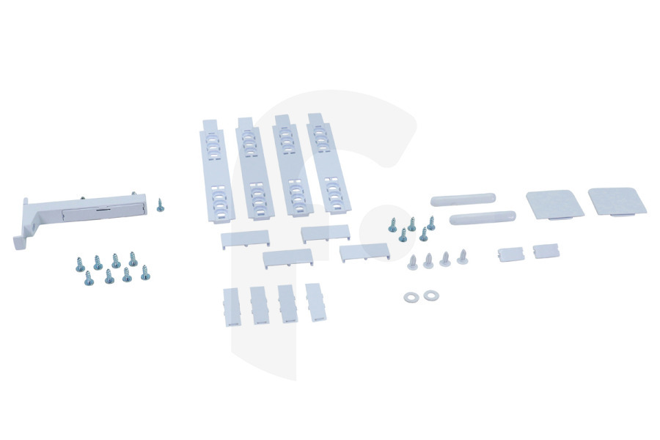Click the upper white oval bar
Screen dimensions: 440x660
[x=463, y=199]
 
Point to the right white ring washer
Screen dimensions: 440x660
[x=430, y=295]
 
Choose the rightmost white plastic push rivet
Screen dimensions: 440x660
[x=462, y=257]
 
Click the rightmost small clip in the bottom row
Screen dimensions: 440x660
[x=315, y=302]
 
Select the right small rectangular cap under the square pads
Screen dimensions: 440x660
[x=545, y=251]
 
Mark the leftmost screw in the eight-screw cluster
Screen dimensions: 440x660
[x=80, y=263]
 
